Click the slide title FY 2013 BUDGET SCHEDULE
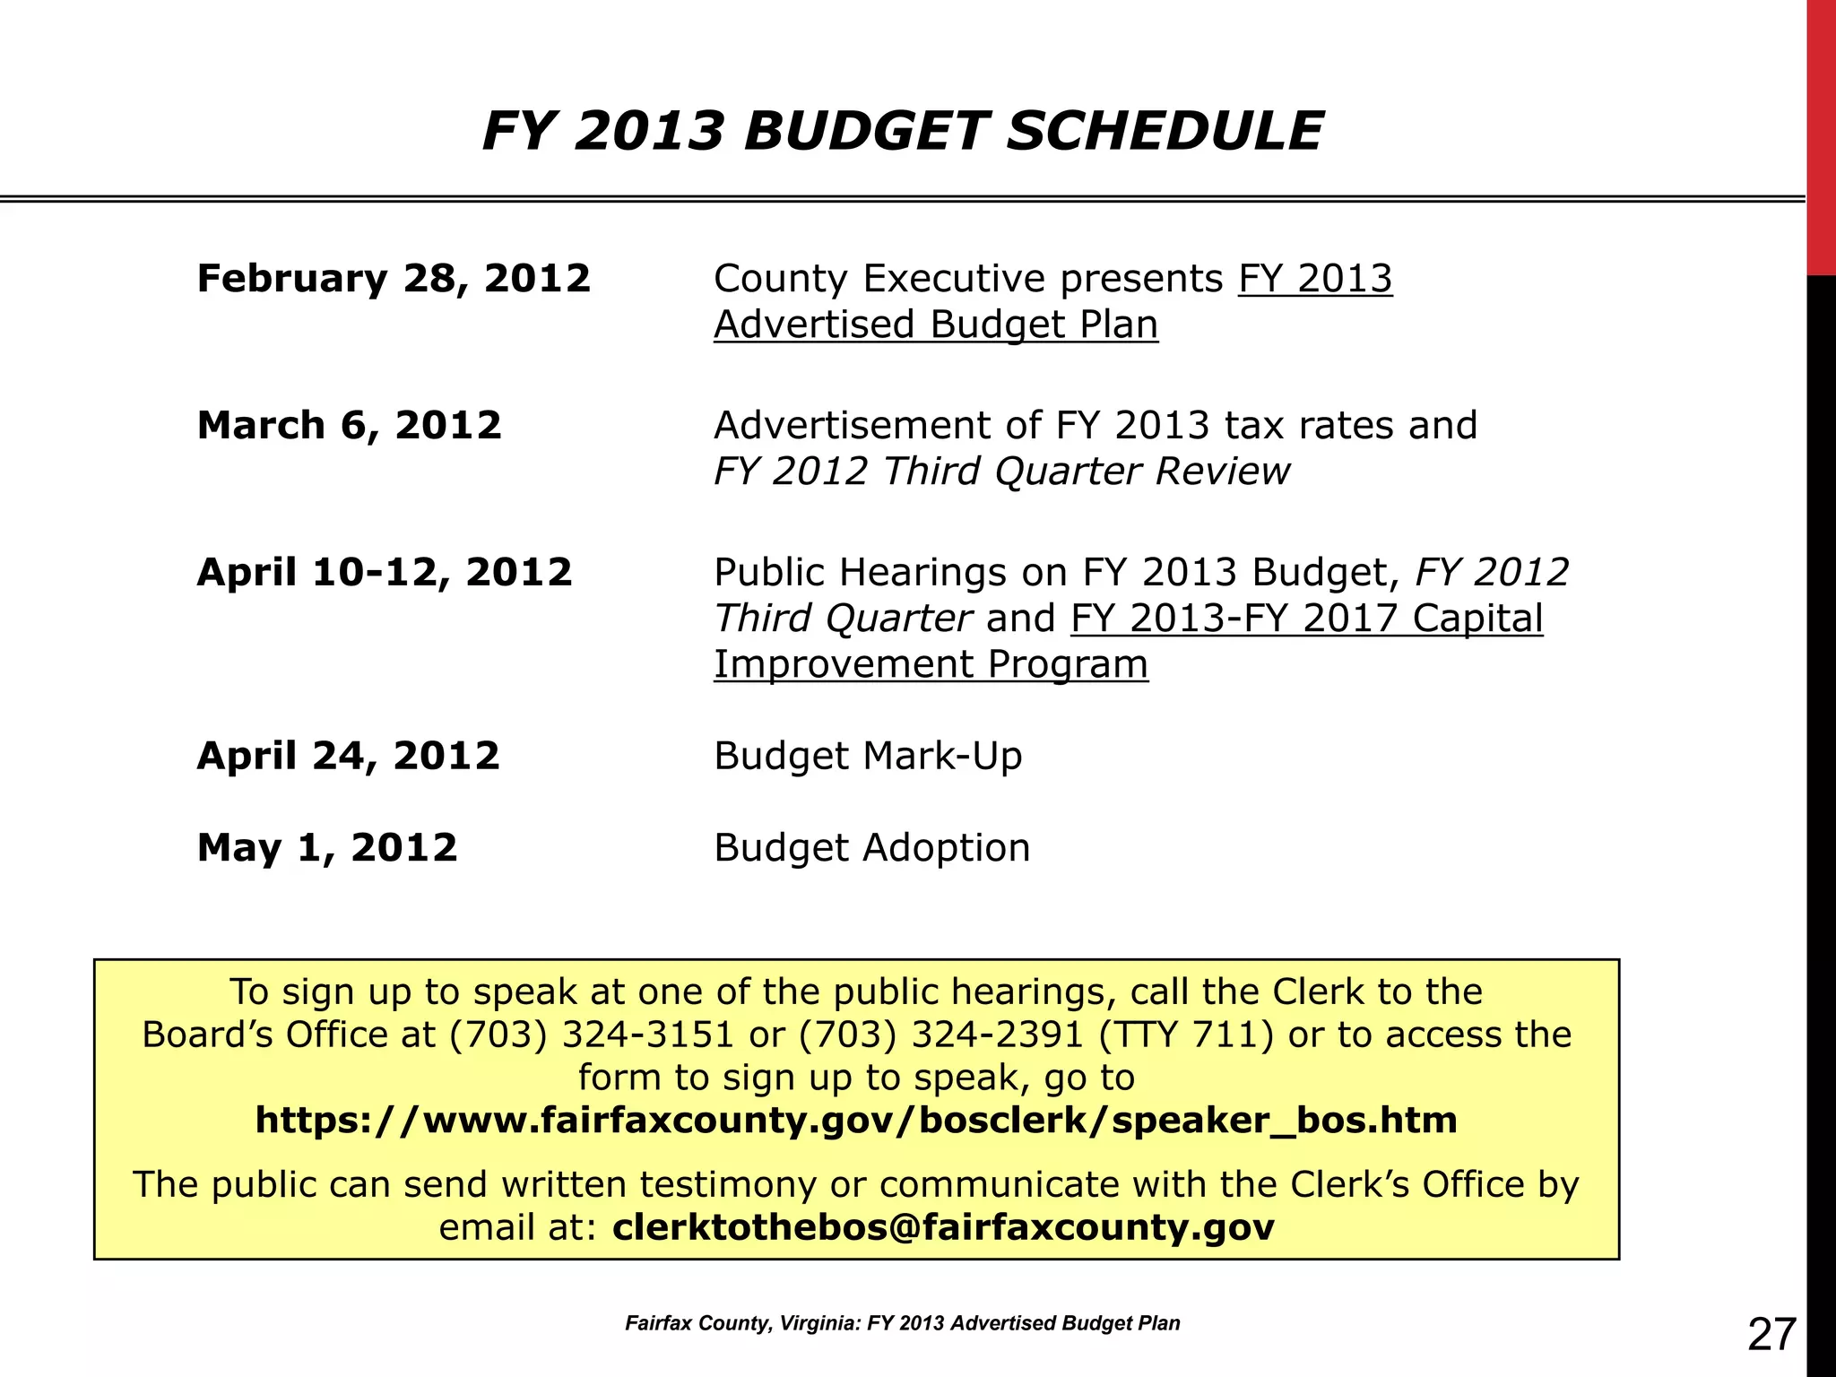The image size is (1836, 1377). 902,131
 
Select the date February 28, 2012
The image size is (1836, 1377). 394,278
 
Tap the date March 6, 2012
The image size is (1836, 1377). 349,425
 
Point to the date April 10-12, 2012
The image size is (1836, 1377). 384,572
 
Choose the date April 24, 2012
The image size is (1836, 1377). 348,756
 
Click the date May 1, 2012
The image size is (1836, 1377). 326,847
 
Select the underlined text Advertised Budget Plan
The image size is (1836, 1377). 935,325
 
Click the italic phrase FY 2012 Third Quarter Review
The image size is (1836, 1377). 1000,472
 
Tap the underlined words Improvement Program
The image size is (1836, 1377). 930,664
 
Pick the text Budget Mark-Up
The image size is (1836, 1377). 867,756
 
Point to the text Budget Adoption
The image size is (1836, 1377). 871,847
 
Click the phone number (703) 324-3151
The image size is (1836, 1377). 592,1035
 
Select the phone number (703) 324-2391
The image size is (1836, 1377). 941,1035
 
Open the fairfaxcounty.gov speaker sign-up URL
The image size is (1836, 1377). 856,1121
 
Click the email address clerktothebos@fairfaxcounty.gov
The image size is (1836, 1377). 943,1227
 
